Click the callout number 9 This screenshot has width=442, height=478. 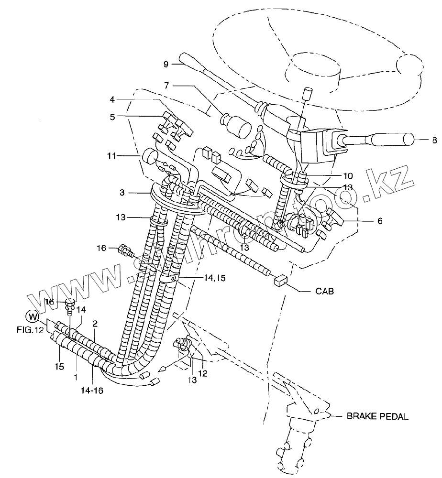[166, 64]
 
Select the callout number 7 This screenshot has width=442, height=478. [166, 86]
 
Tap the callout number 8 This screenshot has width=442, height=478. [434, 140]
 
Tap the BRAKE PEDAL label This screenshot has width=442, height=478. [377, 416]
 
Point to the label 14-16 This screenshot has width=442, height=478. [92, 391]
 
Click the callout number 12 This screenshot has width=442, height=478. [203, 373]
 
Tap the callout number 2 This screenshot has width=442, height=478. [95, 324]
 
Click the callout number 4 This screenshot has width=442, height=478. [112, 100]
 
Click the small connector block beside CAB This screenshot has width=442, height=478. [279, 281]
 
